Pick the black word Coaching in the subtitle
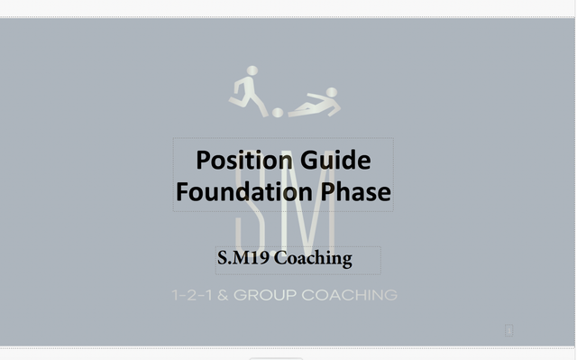pos(312,259)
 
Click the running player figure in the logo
pos(249,92)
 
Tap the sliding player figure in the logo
pos(315,104)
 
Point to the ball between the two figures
pos(278,112)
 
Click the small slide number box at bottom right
pos(509,331)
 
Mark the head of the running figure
pos(252,71)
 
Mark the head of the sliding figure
pos(332,92)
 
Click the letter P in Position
pos(204,161)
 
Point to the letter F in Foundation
pos(183,192)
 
